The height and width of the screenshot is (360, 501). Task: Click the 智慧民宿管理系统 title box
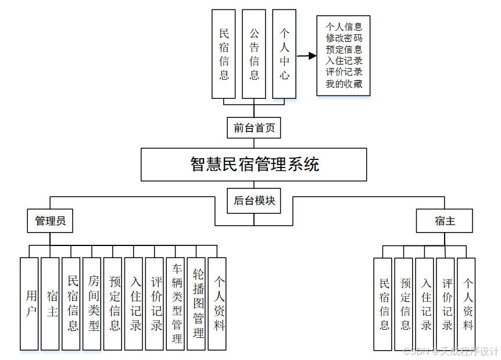[254, 164]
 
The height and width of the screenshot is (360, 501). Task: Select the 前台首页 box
[254, 127]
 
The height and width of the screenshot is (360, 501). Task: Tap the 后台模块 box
[254, 201]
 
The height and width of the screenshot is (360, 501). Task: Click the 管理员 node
[50, 220]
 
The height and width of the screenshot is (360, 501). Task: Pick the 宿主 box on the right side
[445, 220]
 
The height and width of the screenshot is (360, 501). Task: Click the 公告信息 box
[254, 54]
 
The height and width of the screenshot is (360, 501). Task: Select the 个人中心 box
[284, 54]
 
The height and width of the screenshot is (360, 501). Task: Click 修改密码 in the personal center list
[344, 38]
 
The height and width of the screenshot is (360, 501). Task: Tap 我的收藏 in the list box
[344, 84]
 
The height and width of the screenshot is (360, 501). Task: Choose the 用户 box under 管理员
[30, 304]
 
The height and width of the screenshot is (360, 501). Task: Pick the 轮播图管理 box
[196, 304]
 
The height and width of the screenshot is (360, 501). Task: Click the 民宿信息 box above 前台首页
[224, 54]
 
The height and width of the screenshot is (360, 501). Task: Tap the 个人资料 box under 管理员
[217, 304]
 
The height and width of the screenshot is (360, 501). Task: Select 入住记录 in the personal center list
[344, 60]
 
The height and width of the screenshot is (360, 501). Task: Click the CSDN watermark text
[451, 351]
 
